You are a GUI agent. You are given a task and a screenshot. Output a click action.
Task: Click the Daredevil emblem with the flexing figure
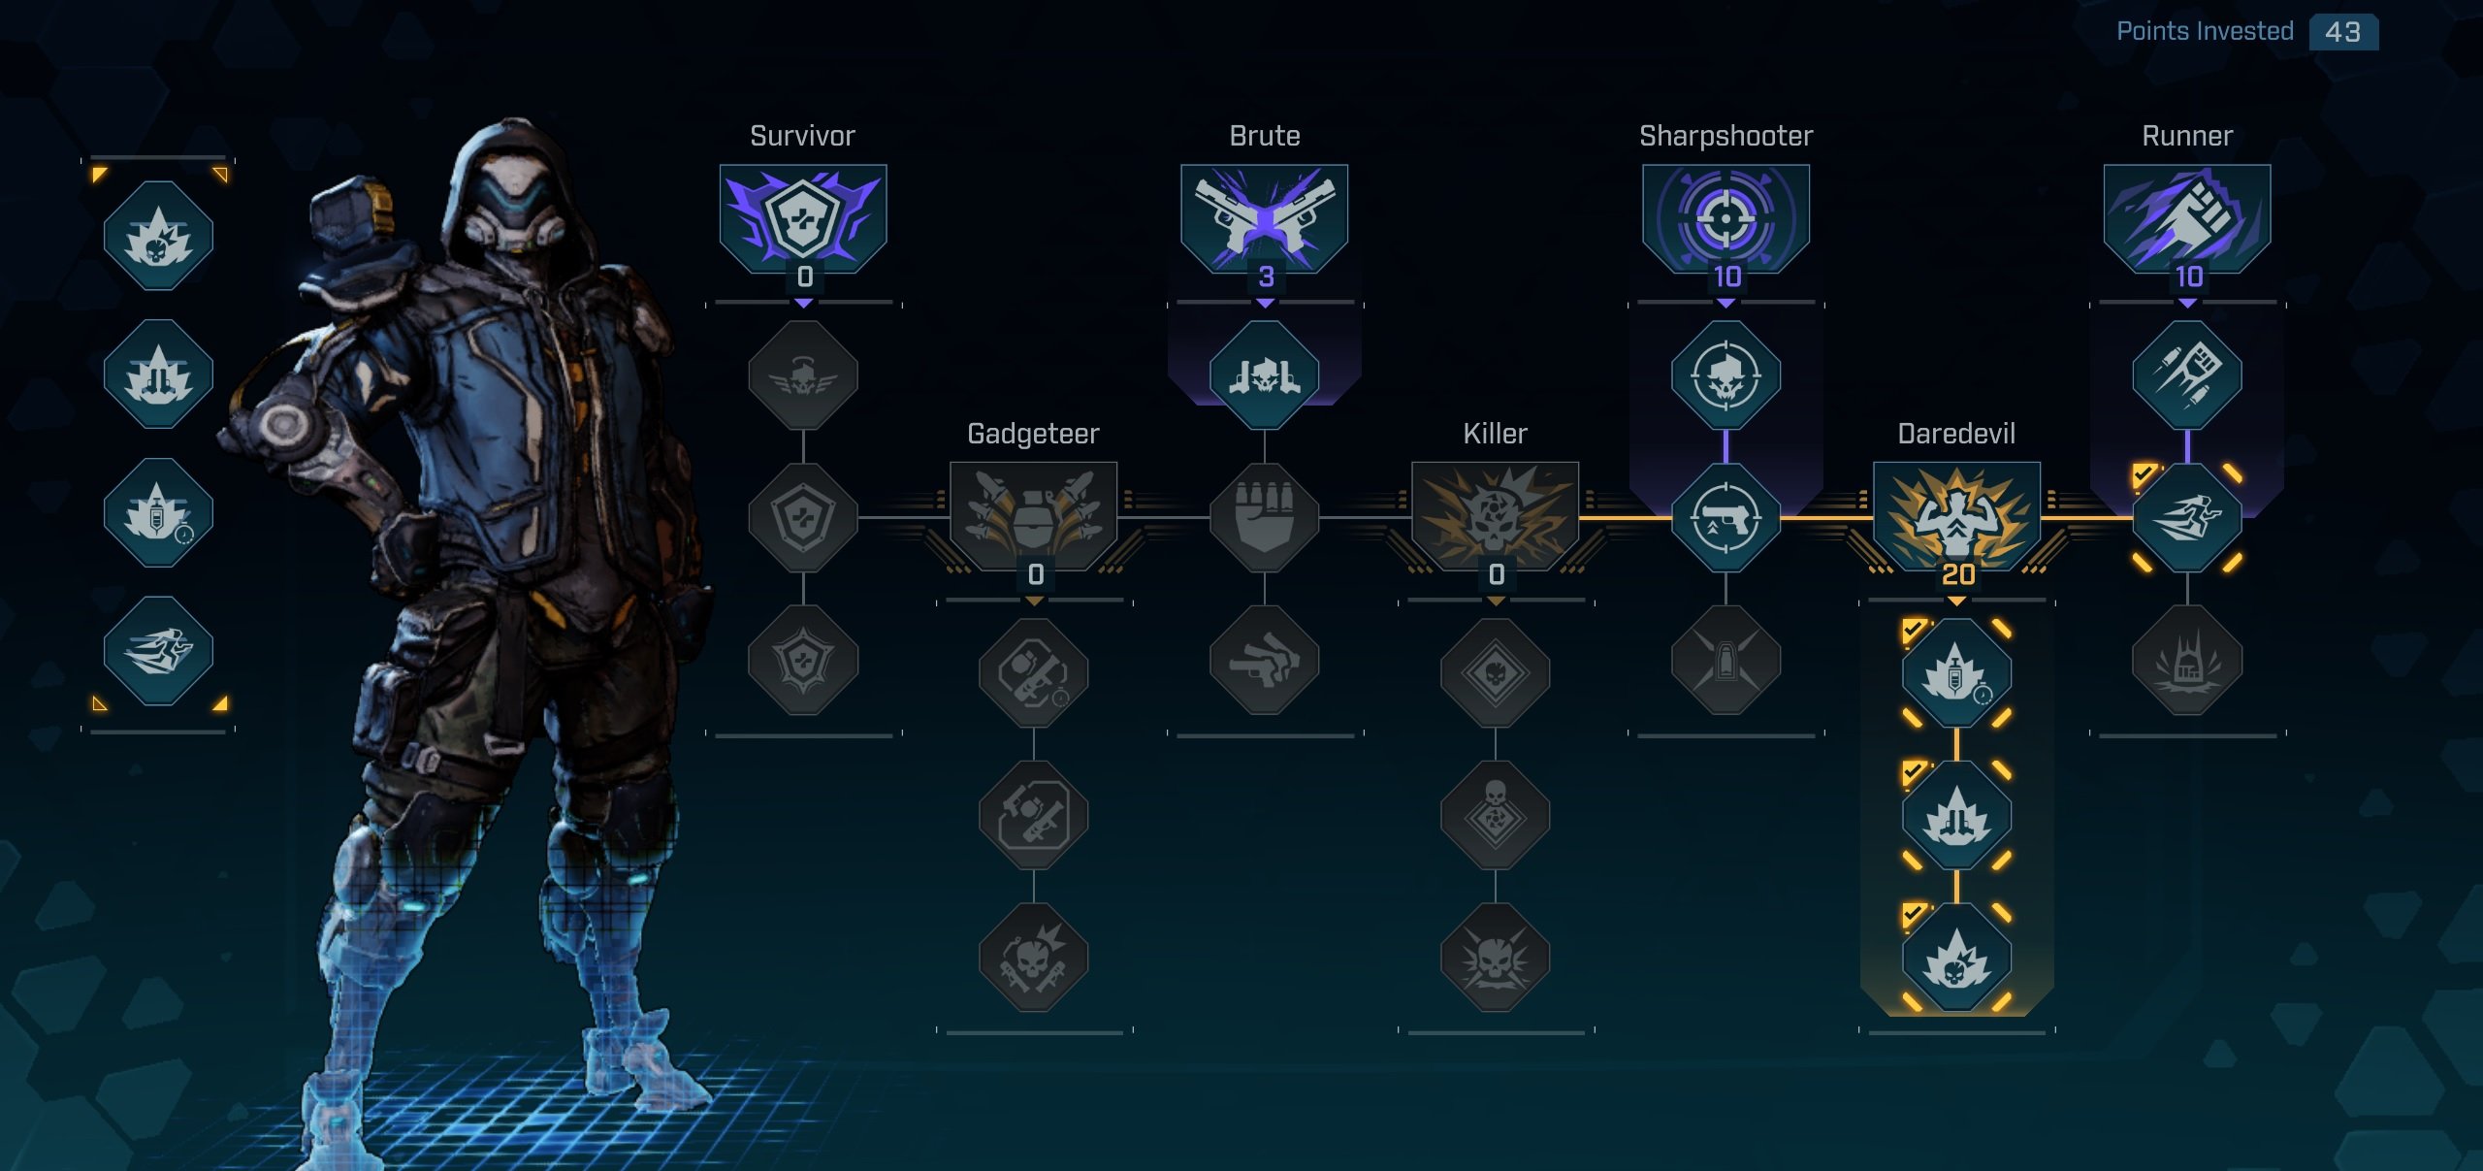tap(1956, 514)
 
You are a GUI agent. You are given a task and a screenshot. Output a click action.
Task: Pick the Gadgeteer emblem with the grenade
tap(1034, 514)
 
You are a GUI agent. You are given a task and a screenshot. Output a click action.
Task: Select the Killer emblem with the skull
tap(1495, 514)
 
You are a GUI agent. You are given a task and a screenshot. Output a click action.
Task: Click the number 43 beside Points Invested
tap(2342, 32)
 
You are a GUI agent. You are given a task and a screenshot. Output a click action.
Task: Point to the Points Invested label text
tap(2205, 32)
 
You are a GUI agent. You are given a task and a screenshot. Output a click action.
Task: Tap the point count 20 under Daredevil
tap(1958, 574)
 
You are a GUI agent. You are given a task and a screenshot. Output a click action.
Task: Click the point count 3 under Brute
tap(1266, 277)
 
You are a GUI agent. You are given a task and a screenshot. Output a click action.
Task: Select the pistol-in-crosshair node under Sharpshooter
tap(1725, 518)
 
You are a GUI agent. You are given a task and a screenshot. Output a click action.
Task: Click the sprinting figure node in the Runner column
tap(2187, 518)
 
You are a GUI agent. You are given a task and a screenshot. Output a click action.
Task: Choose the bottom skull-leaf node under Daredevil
tap(1956, 958)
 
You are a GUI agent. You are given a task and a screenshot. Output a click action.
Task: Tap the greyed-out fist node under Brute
tap(1264, 518)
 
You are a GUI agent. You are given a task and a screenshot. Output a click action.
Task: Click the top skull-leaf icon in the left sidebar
tap(158, 236)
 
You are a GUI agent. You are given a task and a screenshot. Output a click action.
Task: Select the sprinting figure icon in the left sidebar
tap(158, 650)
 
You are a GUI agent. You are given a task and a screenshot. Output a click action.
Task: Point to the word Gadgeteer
tap(1033, 434)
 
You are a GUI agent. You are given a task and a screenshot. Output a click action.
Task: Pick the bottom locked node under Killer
tap(1495, 958)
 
